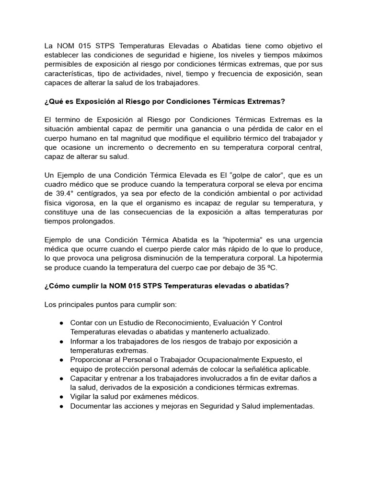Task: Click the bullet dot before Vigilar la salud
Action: pos(62,397)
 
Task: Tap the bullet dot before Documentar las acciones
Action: pos(62,406)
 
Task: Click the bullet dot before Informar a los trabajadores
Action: pos(62,341)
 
